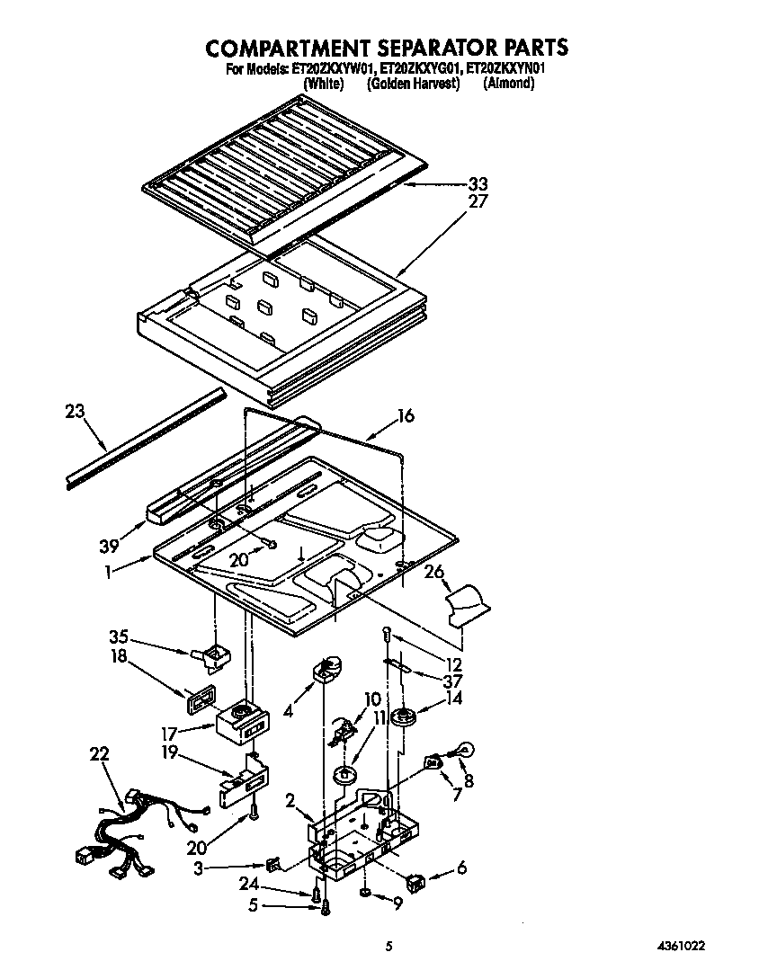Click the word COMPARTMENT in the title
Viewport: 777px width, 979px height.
coord(289,47)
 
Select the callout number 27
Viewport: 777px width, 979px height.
coord(478,201)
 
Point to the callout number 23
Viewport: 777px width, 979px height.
coord(76,412)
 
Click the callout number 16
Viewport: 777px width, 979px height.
coord(406,415)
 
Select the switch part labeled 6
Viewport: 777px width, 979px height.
coord(415,881)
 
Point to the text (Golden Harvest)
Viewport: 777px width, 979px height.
coord(413,84)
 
